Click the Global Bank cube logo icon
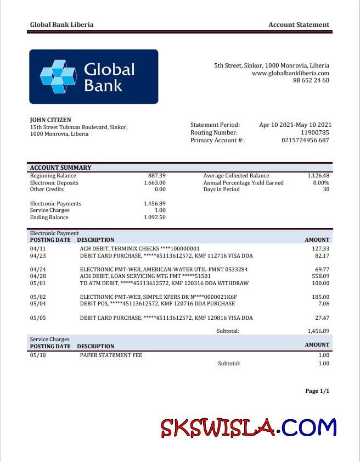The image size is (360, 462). (57, 77)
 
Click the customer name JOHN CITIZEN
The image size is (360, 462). (50, 120)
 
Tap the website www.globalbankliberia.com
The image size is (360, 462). (290, 73)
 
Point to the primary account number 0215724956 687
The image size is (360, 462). (305, 140)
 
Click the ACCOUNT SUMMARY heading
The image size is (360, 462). (60, 168)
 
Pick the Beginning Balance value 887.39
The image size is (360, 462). (156, 176)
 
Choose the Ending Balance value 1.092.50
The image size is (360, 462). (154, 218)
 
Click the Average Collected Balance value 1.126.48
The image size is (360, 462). (318, 176)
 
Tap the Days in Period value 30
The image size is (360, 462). (326, 190)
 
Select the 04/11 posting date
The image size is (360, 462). (37, 249)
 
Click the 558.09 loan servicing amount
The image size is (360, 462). (320, 276)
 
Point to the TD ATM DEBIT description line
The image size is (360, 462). (164, 283)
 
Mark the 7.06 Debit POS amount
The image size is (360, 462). (324, 304)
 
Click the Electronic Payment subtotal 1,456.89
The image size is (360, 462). (318, 331)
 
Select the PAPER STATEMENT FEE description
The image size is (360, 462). (111, 355)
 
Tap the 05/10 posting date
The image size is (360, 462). (37, 355)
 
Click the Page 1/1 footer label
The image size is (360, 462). (317, 391)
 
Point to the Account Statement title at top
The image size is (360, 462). (299, 25)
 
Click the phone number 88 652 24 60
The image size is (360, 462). (311, 80)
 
